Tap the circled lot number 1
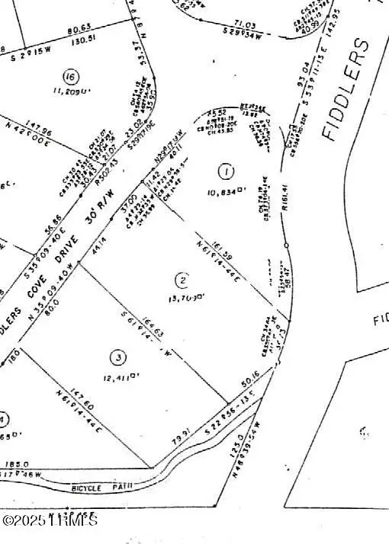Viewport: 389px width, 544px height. pyautogui.click(x=226, y=169)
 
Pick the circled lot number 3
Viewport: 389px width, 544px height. pyautogui.click(x=117, y=356)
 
